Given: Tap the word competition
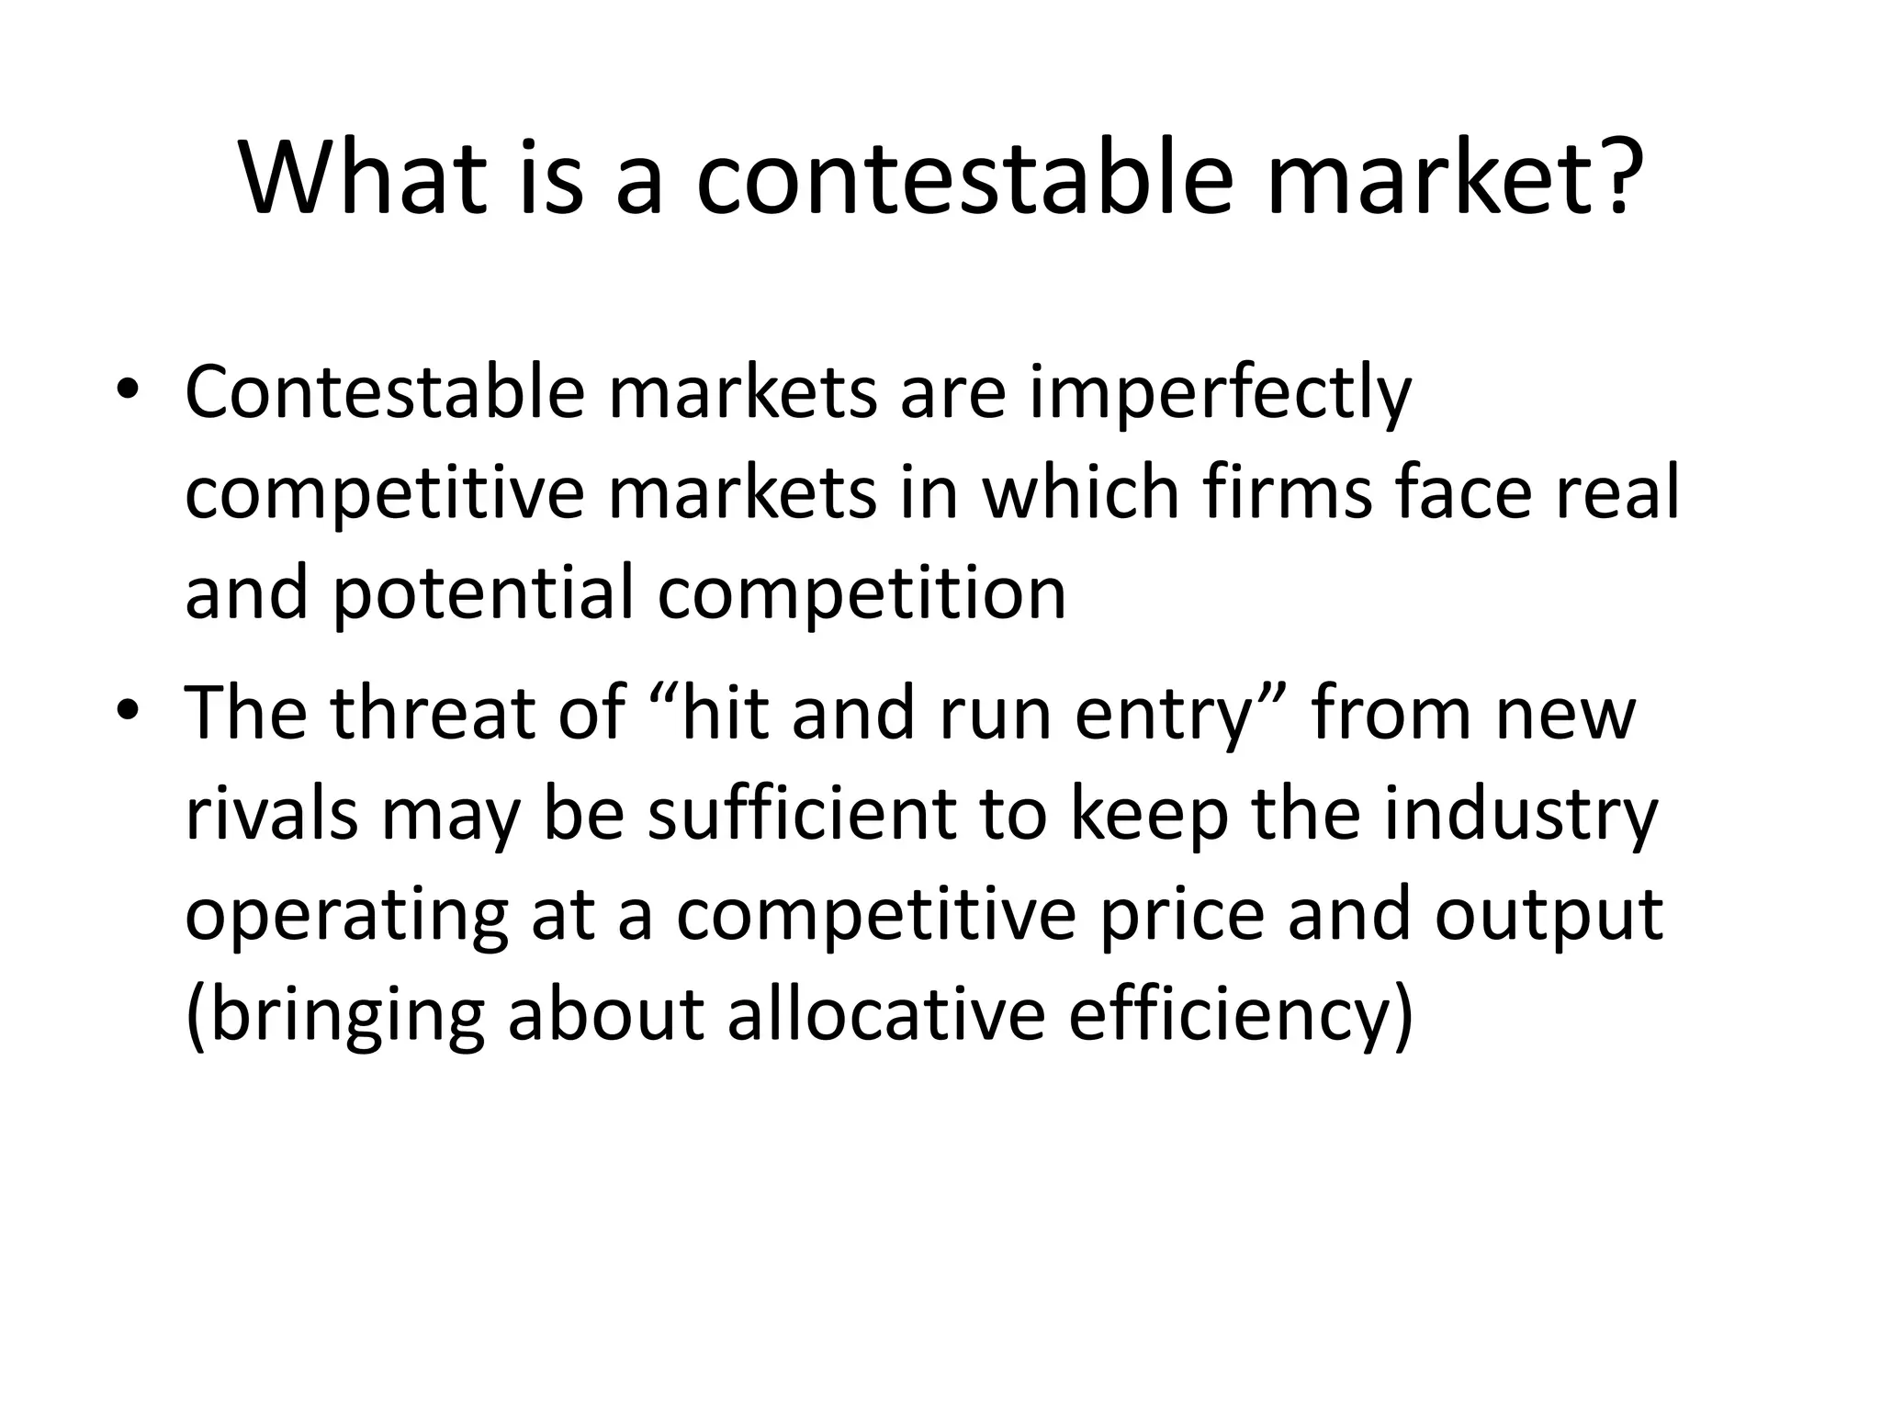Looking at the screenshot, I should click(x=862, y=593).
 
